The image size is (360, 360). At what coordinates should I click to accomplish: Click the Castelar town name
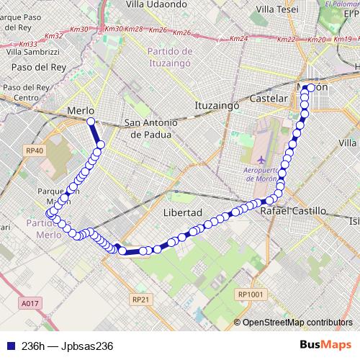pyautogui.click(x=269, y=97)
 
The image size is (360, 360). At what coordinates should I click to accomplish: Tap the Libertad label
pyautogui.click(x=182, y=213)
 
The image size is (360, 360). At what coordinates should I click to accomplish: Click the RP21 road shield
pyautogui.click(x=140, y=299)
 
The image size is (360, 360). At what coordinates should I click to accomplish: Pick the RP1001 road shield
pyautogui.click(x=251, y=294)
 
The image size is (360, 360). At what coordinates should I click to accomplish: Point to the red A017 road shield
pyautogui.click(x=30, y=304)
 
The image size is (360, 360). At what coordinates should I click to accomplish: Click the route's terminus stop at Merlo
pyautogui.click(x=91, y=122)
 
